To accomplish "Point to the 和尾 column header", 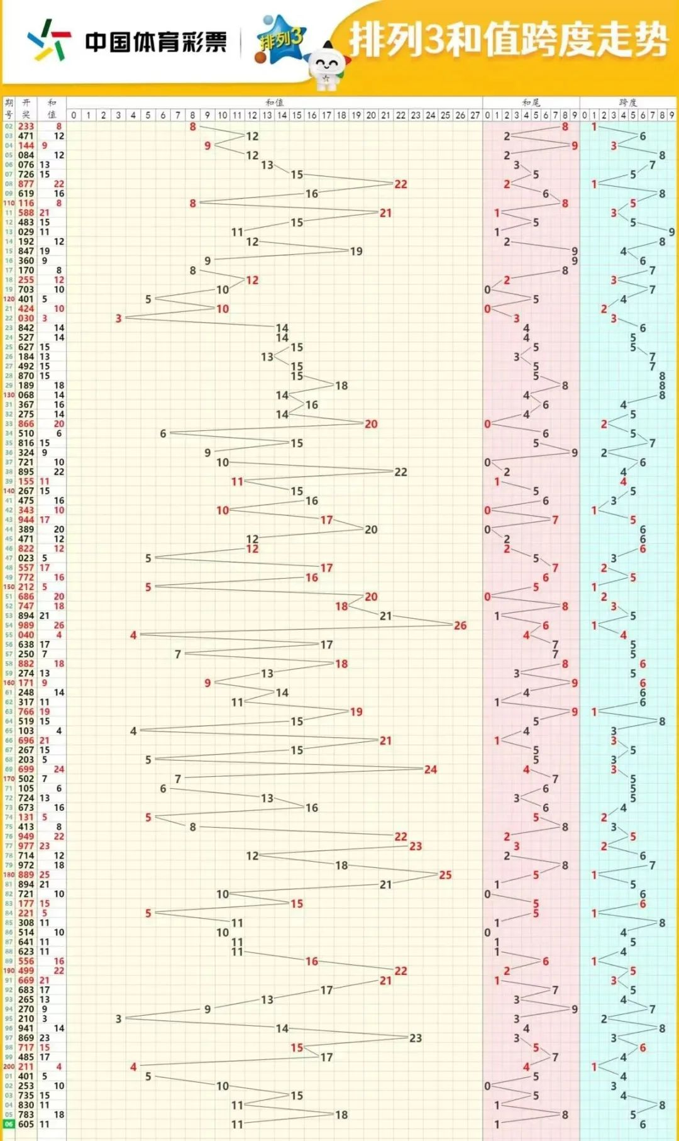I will pyautogui.click(x=531, y=102).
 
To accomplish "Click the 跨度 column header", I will pyautogui.click(x=627, y=102).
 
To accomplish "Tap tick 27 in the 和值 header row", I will pyautogui.click(x=475, y=115).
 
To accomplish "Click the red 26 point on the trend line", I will pyautogui.click(x=460, y=625).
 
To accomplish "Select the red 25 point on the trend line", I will pyautogui.click(x=445, y=875).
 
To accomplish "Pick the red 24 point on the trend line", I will pyautogui.click(x=430, y=769).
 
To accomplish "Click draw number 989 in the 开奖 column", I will pyautogui.click(x=26, y=625).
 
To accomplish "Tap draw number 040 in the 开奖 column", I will pyautogui.click(x=26, y=635).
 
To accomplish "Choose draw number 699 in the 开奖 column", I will pyautogui.click(x=26, y=769).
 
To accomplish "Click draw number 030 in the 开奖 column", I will pyautogui.click(x=26, y=318).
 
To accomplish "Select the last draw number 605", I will pyautogui.click(x=26, y=1124).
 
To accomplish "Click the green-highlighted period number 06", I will pyautogui.click(x=9, y=1124).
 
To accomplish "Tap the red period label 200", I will pyautogui.click(x=9, y=1067).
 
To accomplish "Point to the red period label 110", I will pyautogui.click(x=9, y=203).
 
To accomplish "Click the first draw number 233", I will pyautogui.click(x=26, y=126).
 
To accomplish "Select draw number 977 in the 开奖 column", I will pyautogui.click(x=26, y=846).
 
